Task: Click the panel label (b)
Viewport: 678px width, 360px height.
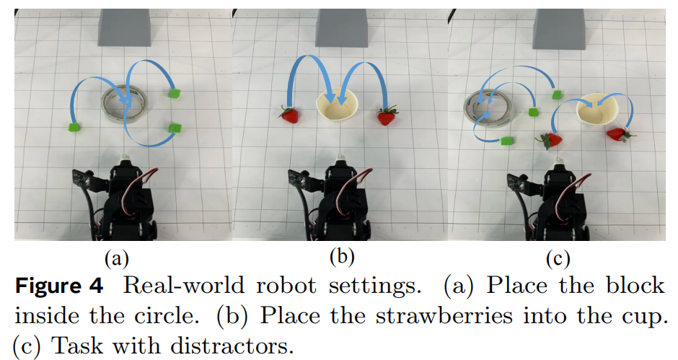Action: point(343,257)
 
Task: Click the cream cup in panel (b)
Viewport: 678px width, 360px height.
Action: point(337,107)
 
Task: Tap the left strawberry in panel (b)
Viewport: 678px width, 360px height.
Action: point(290,114)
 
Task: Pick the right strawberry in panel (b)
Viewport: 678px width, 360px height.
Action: point(387,115)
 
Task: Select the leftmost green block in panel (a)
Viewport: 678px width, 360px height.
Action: point(73,128)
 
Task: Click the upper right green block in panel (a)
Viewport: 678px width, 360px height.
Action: point(173,93)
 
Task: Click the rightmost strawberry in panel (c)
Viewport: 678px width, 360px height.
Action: point(617,133)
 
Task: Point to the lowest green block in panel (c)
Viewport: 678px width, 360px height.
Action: point(506,140)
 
